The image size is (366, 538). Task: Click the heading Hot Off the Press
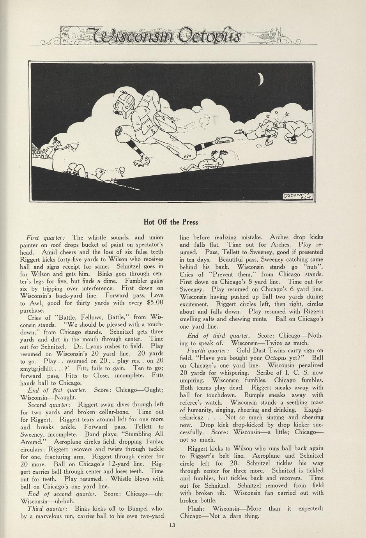click(171, 222)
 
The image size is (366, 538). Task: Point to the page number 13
click(172, 525)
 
